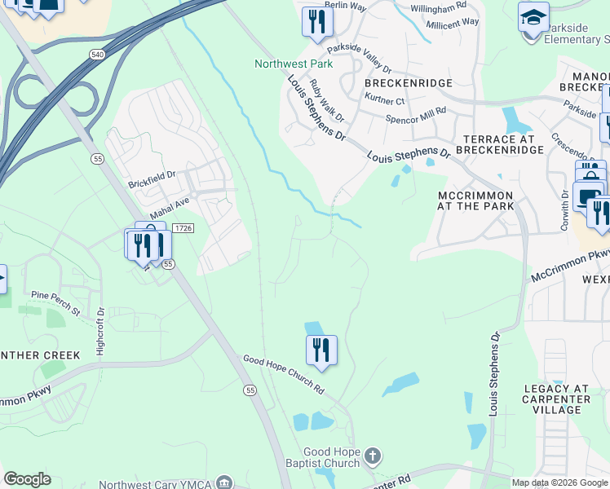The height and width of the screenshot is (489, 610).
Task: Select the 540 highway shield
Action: coord(98,54)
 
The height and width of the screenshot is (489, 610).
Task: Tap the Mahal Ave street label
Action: coord(169,200)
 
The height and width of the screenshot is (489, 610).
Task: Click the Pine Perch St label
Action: coord(55,302)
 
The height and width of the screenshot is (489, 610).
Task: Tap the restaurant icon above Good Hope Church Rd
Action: coord(321,350)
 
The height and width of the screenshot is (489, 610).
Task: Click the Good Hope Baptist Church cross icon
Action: coord(372,456)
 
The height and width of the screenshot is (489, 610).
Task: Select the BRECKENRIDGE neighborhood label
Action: coord(398,83)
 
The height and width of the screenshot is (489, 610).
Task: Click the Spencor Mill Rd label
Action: coord(416,115)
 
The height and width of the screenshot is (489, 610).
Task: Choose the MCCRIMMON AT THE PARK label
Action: coord(475,200)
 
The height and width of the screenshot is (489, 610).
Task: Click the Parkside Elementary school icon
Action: coord(533,16)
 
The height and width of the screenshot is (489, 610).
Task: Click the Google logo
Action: coord(27,479)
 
